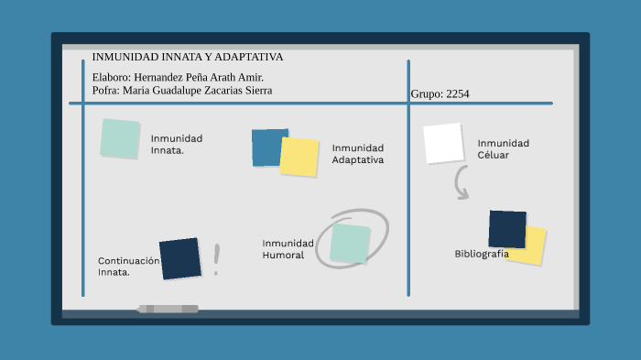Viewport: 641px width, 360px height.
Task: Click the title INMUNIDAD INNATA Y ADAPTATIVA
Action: pos(187,57)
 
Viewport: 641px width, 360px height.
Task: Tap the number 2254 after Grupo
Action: pos(457,93)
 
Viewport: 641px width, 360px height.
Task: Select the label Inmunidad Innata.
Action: pos(176,144)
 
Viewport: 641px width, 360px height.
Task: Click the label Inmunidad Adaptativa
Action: pos(357,154)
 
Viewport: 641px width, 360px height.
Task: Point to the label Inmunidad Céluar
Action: pos(503,148)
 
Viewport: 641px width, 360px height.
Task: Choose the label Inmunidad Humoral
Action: pos(288,248)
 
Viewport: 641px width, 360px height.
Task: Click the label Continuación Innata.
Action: pos(127,266)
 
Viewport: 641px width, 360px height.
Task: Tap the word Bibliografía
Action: pos(481,254)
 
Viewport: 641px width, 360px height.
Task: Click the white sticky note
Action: pos(443,143)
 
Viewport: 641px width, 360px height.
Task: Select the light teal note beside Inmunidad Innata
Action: pos(120,138)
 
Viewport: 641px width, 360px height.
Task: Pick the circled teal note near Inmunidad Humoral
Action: pos(350,243)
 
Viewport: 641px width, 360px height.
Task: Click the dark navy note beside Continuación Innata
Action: pos(179,258)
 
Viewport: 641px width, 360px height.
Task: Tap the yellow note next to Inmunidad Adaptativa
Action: pos(299,157)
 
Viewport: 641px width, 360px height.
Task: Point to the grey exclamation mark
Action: pos(217,259)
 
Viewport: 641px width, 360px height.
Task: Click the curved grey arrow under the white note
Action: pos(461,184)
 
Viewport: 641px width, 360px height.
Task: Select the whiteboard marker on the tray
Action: pos(168,309)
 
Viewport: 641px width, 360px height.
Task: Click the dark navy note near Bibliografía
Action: pos(507,229)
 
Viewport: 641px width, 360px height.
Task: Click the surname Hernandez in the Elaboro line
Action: pos(163,77)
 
